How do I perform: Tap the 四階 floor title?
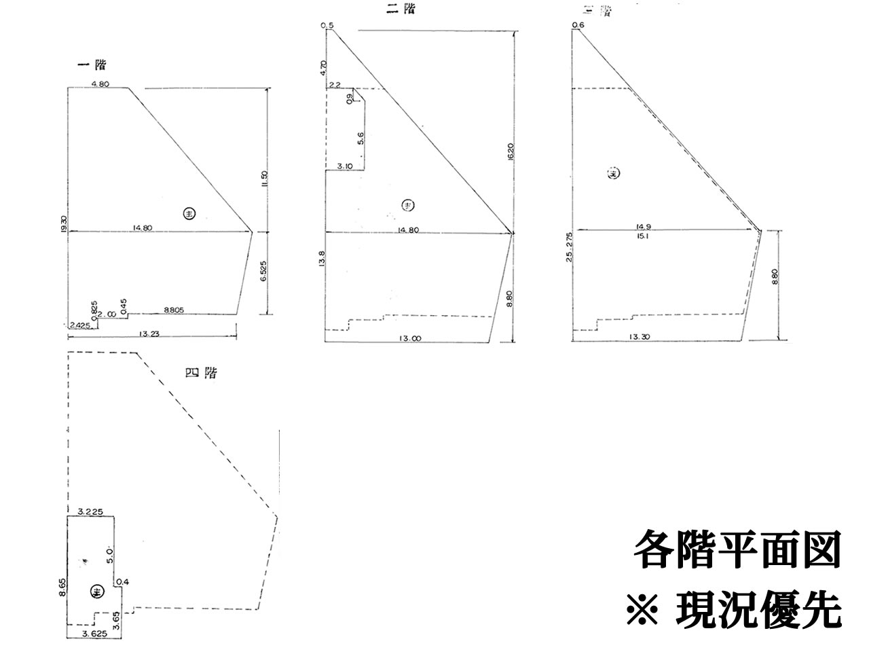201,373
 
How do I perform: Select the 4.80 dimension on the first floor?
100,84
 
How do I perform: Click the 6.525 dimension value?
265,272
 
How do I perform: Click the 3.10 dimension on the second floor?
345,166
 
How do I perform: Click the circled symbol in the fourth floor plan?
96,592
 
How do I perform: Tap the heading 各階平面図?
737,549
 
